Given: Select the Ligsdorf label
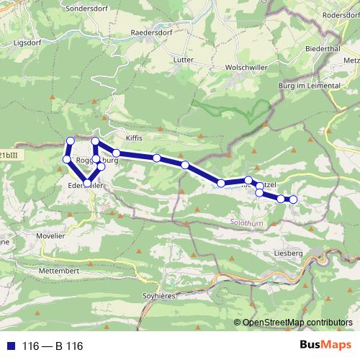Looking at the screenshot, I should tap(28, 42).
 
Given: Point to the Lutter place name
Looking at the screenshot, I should tap(183, 60).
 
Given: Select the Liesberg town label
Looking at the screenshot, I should tap(302, 253).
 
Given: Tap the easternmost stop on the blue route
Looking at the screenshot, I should tap(293, 199).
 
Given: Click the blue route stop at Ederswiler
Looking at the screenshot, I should tap(87, 184).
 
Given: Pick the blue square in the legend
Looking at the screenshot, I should tap(12, 346).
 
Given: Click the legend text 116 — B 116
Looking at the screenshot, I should tap(53, 346).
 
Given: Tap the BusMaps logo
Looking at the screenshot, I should tap(325, 346).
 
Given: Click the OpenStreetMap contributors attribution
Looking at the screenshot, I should tap(297, 323).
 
